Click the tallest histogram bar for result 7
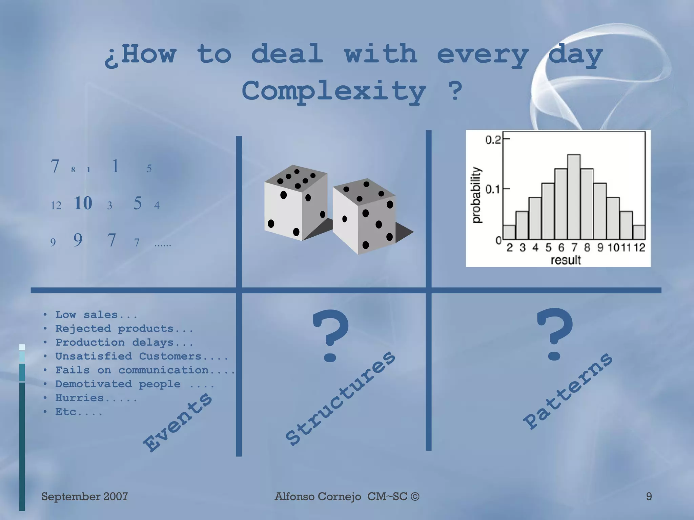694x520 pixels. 574,197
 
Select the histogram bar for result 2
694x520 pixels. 509,233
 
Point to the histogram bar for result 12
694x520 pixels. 639,233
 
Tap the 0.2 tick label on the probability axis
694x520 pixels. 493,140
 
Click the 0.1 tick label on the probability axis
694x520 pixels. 493,189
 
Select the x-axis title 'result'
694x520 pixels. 566,260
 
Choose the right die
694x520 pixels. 364,217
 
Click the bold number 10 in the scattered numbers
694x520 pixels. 83,203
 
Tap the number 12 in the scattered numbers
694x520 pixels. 56,205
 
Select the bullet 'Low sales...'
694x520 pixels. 96,315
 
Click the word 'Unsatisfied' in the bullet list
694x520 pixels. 94,356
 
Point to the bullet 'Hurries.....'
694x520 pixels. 96,398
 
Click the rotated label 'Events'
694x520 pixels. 178,422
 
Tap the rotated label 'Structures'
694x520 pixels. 340,398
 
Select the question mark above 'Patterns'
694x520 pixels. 554,334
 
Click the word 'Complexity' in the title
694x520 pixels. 334,91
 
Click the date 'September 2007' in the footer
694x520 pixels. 84,496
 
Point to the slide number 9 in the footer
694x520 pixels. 649,496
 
